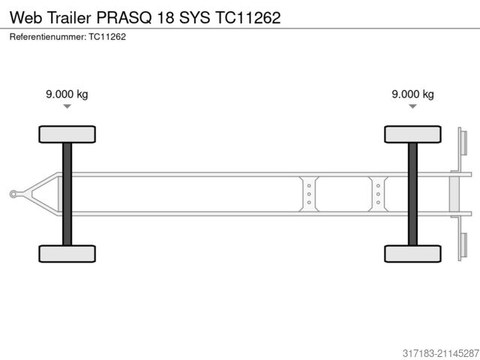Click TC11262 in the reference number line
pyautogui.click(x=106, y=37)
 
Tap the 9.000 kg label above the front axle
pyautogui.click(x=67, y=94)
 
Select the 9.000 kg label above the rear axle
pyautogui.click(x=412, y=94)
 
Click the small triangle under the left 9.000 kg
pyautogui.click(x=67, y=107)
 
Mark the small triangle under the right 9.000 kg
pyautogui.click(x=412, y=107)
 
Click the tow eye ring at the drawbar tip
pyautogui.click(x=13, y=194)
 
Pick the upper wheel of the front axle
pyautogui.click(x=67, y=134)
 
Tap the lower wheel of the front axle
pyautogui.click(x=67, y=253)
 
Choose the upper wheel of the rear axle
pyautogui.click(x=412, y=134)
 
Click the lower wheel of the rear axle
pyautogui.click(x=412, y=253)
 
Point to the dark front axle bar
pyautogui.click(x=67, y=193)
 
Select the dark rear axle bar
pyautogui.click(x=412, y=193)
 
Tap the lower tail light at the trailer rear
pyautogui.click(x=462, y=247)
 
